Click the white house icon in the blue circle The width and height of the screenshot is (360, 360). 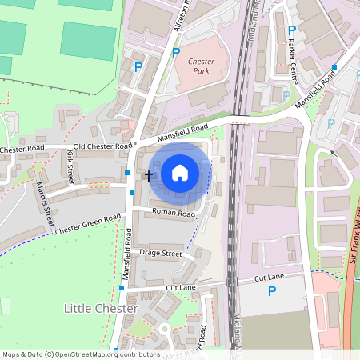pos(180,172)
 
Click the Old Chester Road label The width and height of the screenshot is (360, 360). pos(100,146)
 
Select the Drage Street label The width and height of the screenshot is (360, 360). pos(161,253)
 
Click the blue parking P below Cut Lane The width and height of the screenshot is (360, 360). pos(272,292)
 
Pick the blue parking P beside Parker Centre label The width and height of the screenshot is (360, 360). pos(292,31)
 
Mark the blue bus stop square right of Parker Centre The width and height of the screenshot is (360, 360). pos(335,66)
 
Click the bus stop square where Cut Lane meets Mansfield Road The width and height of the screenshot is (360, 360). pos(122,287)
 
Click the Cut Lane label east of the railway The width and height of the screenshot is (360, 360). pos(269,277)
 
